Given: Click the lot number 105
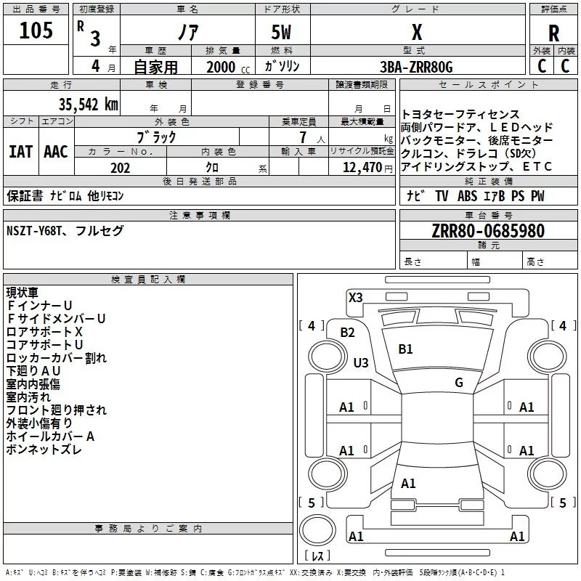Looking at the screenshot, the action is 36,31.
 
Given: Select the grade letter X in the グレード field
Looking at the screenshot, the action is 417,32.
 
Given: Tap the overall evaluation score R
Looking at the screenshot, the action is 553,33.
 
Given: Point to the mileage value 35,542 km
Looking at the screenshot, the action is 88,105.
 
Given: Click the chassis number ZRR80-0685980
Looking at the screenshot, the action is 488,231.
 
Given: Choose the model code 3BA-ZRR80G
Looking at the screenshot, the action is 416,67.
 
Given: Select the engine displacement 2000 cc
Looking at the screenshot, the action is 228,67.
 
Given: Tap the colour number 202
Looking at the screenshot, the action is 120,168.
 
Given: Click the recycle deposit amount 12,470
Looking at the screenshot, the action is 362,168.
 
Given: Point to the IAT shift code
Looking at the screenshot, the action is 21,152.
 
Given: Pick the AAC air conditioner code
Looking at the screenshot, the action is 56,152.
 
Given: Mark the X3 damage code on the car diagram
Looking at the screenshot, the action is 355,298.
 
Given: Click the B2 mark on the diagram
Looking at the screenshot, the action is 347,333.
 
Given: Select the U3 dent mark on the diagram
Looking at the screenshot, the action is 361,362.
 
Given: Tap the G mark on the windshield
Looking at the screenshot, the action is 459,383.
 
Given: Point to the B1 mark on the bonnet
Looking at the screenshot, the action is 405,349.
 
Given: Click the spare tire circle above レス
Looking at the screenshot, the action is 317,530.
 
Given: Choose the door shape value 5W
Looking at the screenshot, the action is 281,32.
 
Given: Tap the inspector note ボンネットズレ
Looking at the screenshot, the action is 44,450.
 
